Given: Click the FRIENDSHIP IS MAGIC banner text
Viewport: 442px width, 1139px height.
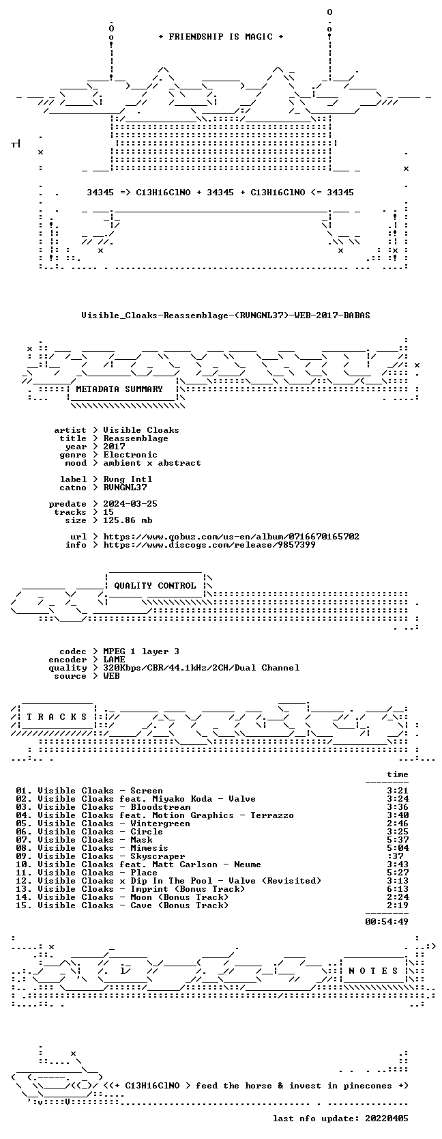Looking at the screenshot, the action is point(221,37).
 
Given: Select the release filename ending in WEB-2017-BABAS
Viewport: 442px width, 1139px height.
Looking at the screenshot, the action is point(226,315).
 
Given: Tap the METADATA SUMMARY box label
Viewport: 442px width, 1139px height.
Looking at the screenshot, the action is point(119,389).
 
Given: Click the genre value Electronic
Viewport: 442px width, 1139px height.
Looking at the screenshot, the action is point(130,455).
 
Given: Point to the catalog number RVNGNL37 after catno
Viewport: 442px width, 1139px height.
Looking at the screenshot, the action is point(125,487).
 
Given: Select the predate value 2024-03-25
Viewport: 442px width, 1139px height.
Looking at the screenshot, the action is point(130,503).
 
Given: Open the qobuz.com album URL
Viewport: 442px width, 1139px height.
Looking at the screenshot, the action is point(231,537).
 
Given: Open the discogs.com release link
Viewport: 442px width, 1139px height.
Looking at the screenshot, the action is point(209,545).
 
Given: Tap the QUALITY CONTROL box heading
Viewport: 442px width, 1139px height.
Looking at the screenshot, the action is point(155,586).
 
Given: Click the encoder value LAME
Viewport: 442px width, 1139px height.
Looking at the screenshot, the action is point(114,660).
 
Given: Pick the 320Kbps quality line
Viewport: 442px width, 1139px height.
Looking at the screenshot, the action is point(201,668).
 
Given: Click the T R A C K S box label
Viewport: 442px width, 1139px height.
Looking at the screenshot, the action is point(57,717).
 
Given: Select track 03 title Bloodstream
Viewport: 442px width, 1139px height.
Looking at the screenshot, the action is point(160,807).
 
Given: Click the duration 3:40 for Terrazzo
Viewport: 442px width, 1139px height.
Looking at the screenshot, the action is point(398,815).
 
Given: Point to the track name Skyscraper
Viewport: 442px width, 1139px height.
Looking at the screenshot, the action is point(158,856).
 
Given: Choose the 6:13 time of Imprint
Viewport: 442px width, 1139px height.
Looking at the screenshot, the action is point(398,889).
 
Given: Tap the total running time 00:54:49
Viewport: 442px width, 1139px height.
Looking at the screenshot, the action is point(387,921).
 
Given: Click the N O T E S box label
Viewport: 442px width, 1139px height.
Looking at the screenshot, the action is point(373,971).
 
